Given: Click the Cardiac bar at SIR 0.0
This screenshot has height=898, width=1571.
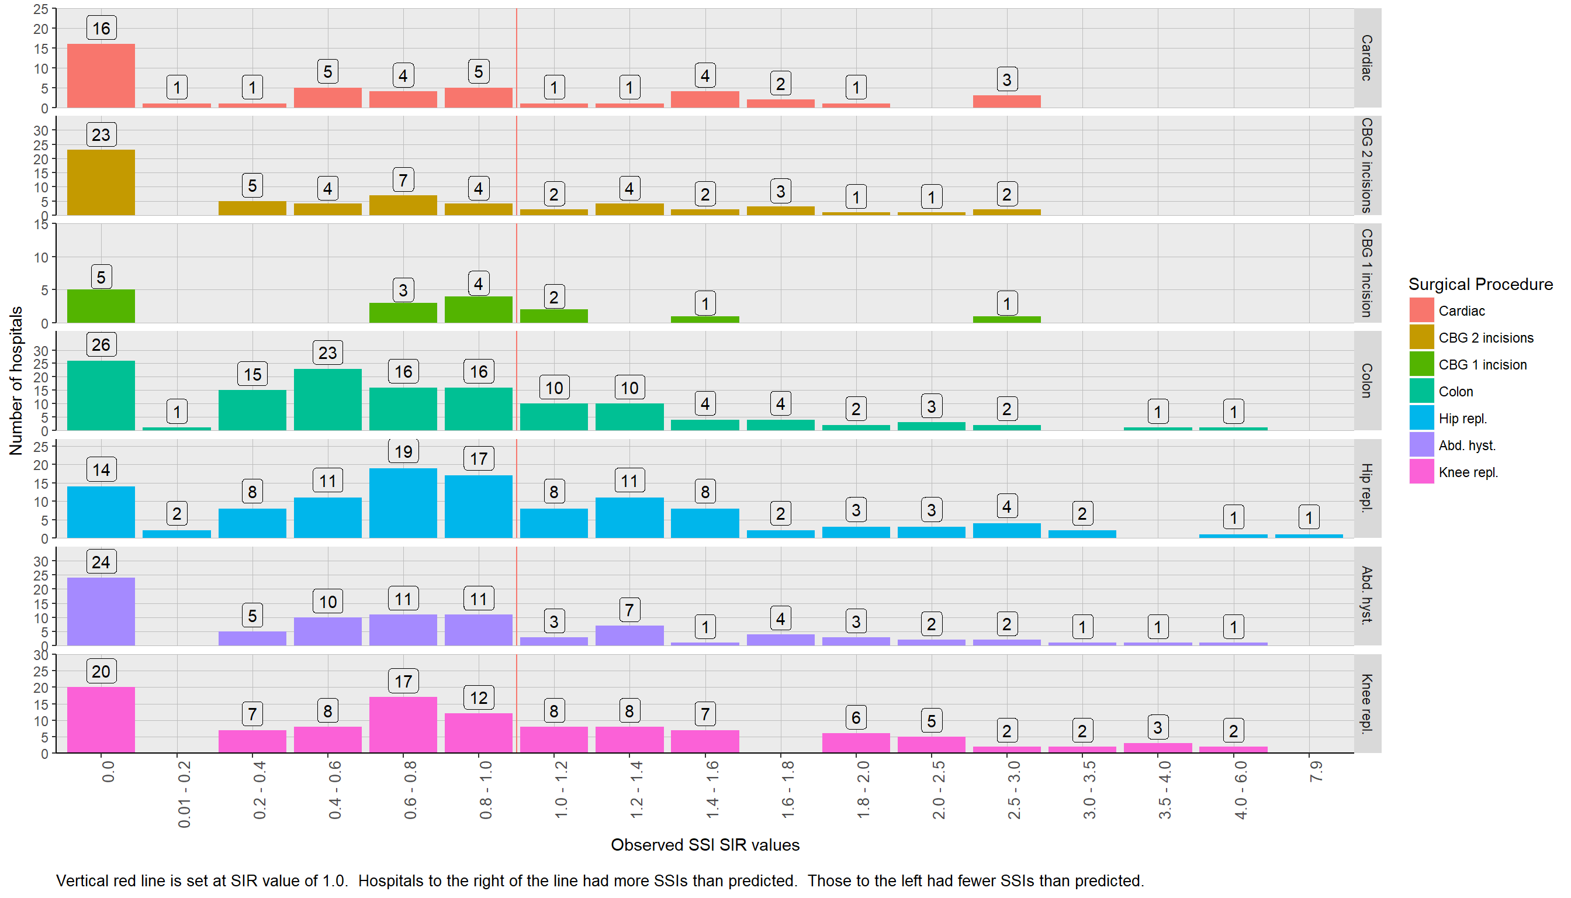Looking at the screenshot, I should tap(101, 76).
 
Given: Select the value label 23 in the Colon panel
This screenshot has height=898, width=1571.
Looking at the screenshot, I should tap(327, 353).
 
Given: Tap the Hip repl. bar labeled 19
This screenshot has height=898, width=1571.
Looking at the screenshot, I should tap(403, 503).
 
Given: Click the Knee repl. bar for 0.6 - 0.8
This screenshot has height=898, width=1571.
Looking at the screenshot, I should tap(403, 725).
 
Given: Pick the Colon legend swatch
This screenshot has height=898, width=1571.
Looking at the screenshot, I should tap(1421, 392).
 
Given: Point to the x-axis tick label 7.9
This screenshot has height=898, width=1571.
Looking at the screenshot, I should tap(1316, 772).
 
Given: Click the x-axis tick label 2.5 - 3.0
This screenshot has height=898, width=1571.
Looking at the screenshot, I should tap(1013, 790).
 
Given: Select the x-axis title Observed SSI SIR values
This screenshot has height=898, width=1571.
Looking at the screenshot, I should tap(705, 845).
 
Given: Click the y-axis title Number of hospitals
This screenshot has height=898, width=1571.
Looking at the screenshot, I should tap(16, 381).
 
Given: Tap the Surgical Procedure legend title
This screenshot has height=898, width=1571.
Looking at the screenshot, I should tap(1480, 284).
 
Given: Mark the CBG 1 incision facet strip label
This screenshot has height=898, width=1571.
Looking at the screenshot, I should tap(1366, 272).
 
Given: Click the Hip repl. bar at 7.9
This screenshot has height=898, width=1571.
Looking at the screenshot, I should tap(1309, 536).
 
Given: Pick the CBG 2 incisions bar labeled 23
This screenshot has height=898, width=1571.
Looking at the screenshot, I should tap(101, 182).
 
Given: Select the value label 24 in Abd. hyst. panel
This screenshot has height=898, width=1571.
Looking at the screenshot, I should tap(101, 562).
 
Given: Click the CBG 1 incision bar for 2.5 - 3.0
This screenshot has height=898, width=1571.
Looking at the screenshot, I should tap(1006, 319).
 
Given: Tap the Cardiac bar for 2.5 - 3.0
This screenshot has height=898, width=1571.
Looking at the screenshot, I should tap(1006, 102).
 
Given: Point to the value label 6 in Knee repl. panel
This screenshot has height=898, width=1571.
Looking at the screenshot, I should tap(856, 717).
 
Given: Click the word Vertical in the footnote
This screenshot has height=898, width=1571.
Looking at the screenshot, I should tap(81, 880).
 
